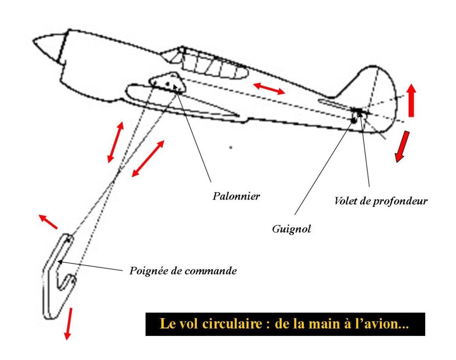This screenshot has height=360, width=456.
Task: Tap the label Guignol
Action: [x=291, y=229]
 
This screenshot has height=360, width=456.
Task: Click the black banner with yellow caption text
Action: [x=285, y=324]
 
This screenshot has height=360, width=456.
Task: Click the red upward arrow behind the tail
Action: [x=411, y=100]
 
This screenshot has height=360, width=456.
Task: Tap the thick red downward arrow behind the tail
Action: [x=402, y=146]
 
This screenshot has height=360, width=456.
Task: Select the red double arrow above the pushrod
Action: [x=269, y=88]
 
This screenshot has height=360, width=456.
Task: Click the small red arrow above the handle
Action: [x=48, y=221]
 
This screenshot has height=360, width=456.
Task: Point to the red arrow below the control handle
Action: [x=68, y=323]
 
